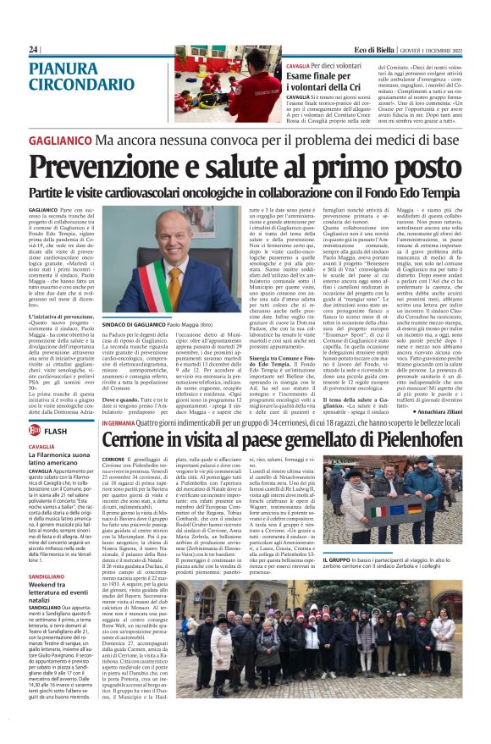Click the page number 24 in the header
click(33, 50)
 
